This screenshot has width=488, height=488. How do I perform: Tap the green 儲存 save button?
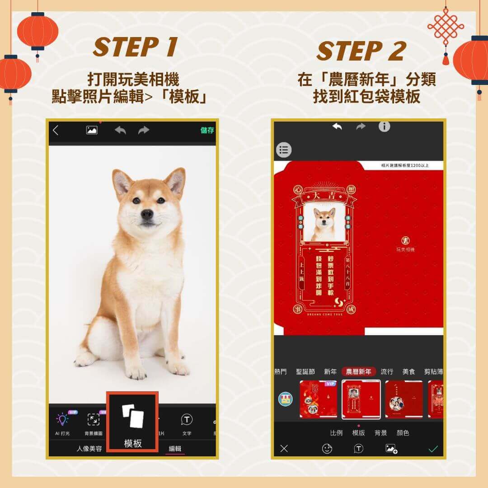pyautogui.click(x=207, y=131)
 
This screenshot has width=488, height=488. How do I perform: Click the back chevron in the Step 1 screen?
pyautogui.click(x=56, y=131)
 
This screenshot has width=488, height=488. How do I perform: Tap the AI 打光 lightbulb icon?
pyautogui.click(x=62, y=420)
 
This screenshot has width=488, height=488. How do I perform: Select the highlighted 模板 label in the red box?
pyautogui.click(x=133, y=443)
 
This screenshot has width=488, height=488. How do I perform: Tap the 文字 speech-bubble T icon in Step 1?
pyautogui.click(x=187, y=420)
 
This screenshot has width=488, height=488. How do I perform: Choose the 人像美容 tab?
pyautogui.click(x=89, y=449)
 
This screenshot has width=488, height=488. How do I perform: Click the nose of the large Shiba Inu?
pyautogui.click(x=147, y=214)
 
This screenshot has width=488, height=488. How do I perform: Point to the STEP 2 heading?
pyautogui.click(x=360, y=51)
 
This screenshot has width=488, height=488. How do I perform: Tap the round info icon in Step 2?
pyautogui.click(x=384, y=127)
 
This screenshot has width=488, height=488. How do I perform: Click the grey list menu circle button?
pyautogui.click(x=284, y=150)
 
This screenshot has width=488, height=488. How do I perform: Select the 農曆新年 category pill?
pyautogui.click(x=359, y=372)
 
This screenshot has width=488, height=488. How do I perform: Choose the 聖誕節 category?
pyautogui.click(x=305, y=372)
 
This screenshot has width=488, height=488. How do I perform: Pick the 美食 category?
pyautogui.click(x=408, y=372)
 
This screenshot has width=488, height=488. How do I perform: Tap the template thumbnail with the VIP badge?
pyautogui.click(x=319, y=399)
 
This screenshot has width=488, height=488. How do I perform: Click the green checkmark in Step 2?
pyautogui.click(x=433, y=449)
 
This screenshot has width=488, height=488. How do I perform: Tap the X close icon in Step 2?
pyautogui.click(x=284, y=449)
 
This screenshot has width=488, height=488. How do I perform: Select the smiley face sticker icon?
pyautogui.click(x=327, y=449)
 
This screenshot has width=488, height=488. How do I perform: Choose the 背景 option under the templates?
pyautogui.click(x=380, y=433)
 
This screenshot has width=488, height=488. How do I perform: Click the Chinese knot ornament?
pyautogui.click(x=446, y=28)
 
